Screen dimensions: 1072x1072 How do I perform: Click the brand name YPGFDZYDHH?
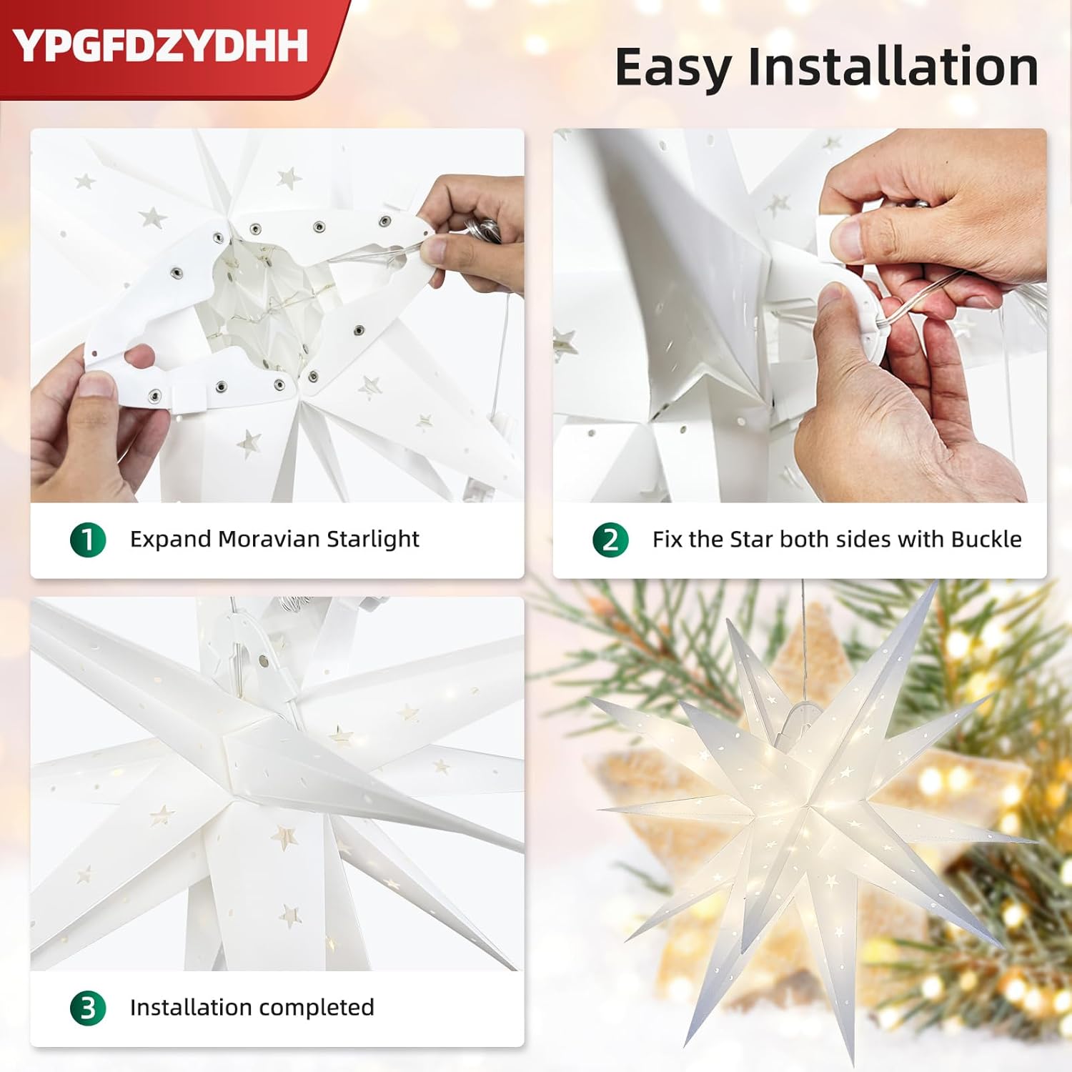(160, 46)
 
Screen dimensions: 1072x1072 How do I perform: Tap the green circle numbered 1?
(88, 540)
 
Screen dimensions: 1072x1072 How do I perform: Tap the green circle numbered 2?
(610, 540)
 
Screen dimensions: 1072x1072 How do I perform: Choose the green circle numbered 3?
(88, 1008)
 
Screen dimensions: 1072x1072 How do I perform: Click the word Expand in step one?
(170, 540)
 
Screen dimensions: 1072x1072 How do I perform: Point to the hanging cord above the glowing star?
(804, 636)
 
